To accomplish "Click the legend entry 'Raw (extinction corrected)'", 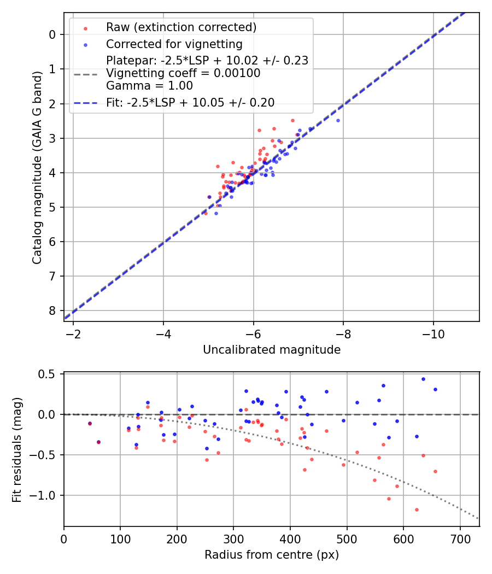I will [x=181, y=27].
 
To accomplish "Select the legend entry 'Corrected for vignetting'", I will [x=174, y=44].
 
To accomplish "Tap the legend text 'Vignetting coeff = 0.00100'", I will [x=183, y=73].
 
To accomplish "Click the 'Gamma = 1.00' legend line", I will [x=149, y=86].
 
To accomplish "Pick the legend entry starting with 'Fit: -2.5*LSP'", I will [x=190, y=102].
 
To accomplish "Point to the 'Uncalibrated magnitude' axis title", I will [x=272, y=350].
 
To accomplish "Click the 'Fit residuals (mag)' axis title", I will [x=17, y=449].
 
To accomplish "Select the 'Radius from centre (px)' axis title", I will [x=272, y=555].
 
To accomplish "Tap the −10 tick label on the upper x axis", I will [x=433, y=333].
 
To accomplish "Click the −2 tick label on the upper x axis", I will [x=73, y=333].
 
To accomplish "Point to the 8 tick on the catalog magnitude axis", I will [x=52, y=311].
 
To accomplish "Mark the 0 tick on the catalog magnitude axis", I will [x=52, y=34].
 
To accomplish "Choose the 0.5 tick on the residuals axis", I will [x=49, y=374].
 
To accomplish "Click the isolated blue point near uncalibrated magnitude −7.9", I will [x=338, y=120].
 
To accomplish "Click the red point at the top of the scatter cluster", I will [x=292, y=120].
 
